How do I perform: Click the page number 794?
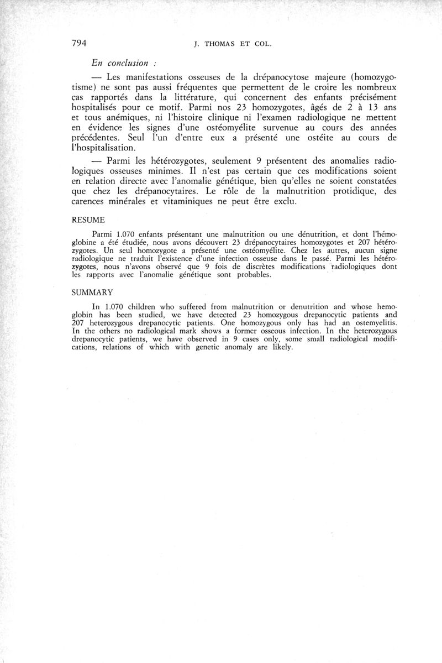click(x=81, y=44)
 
